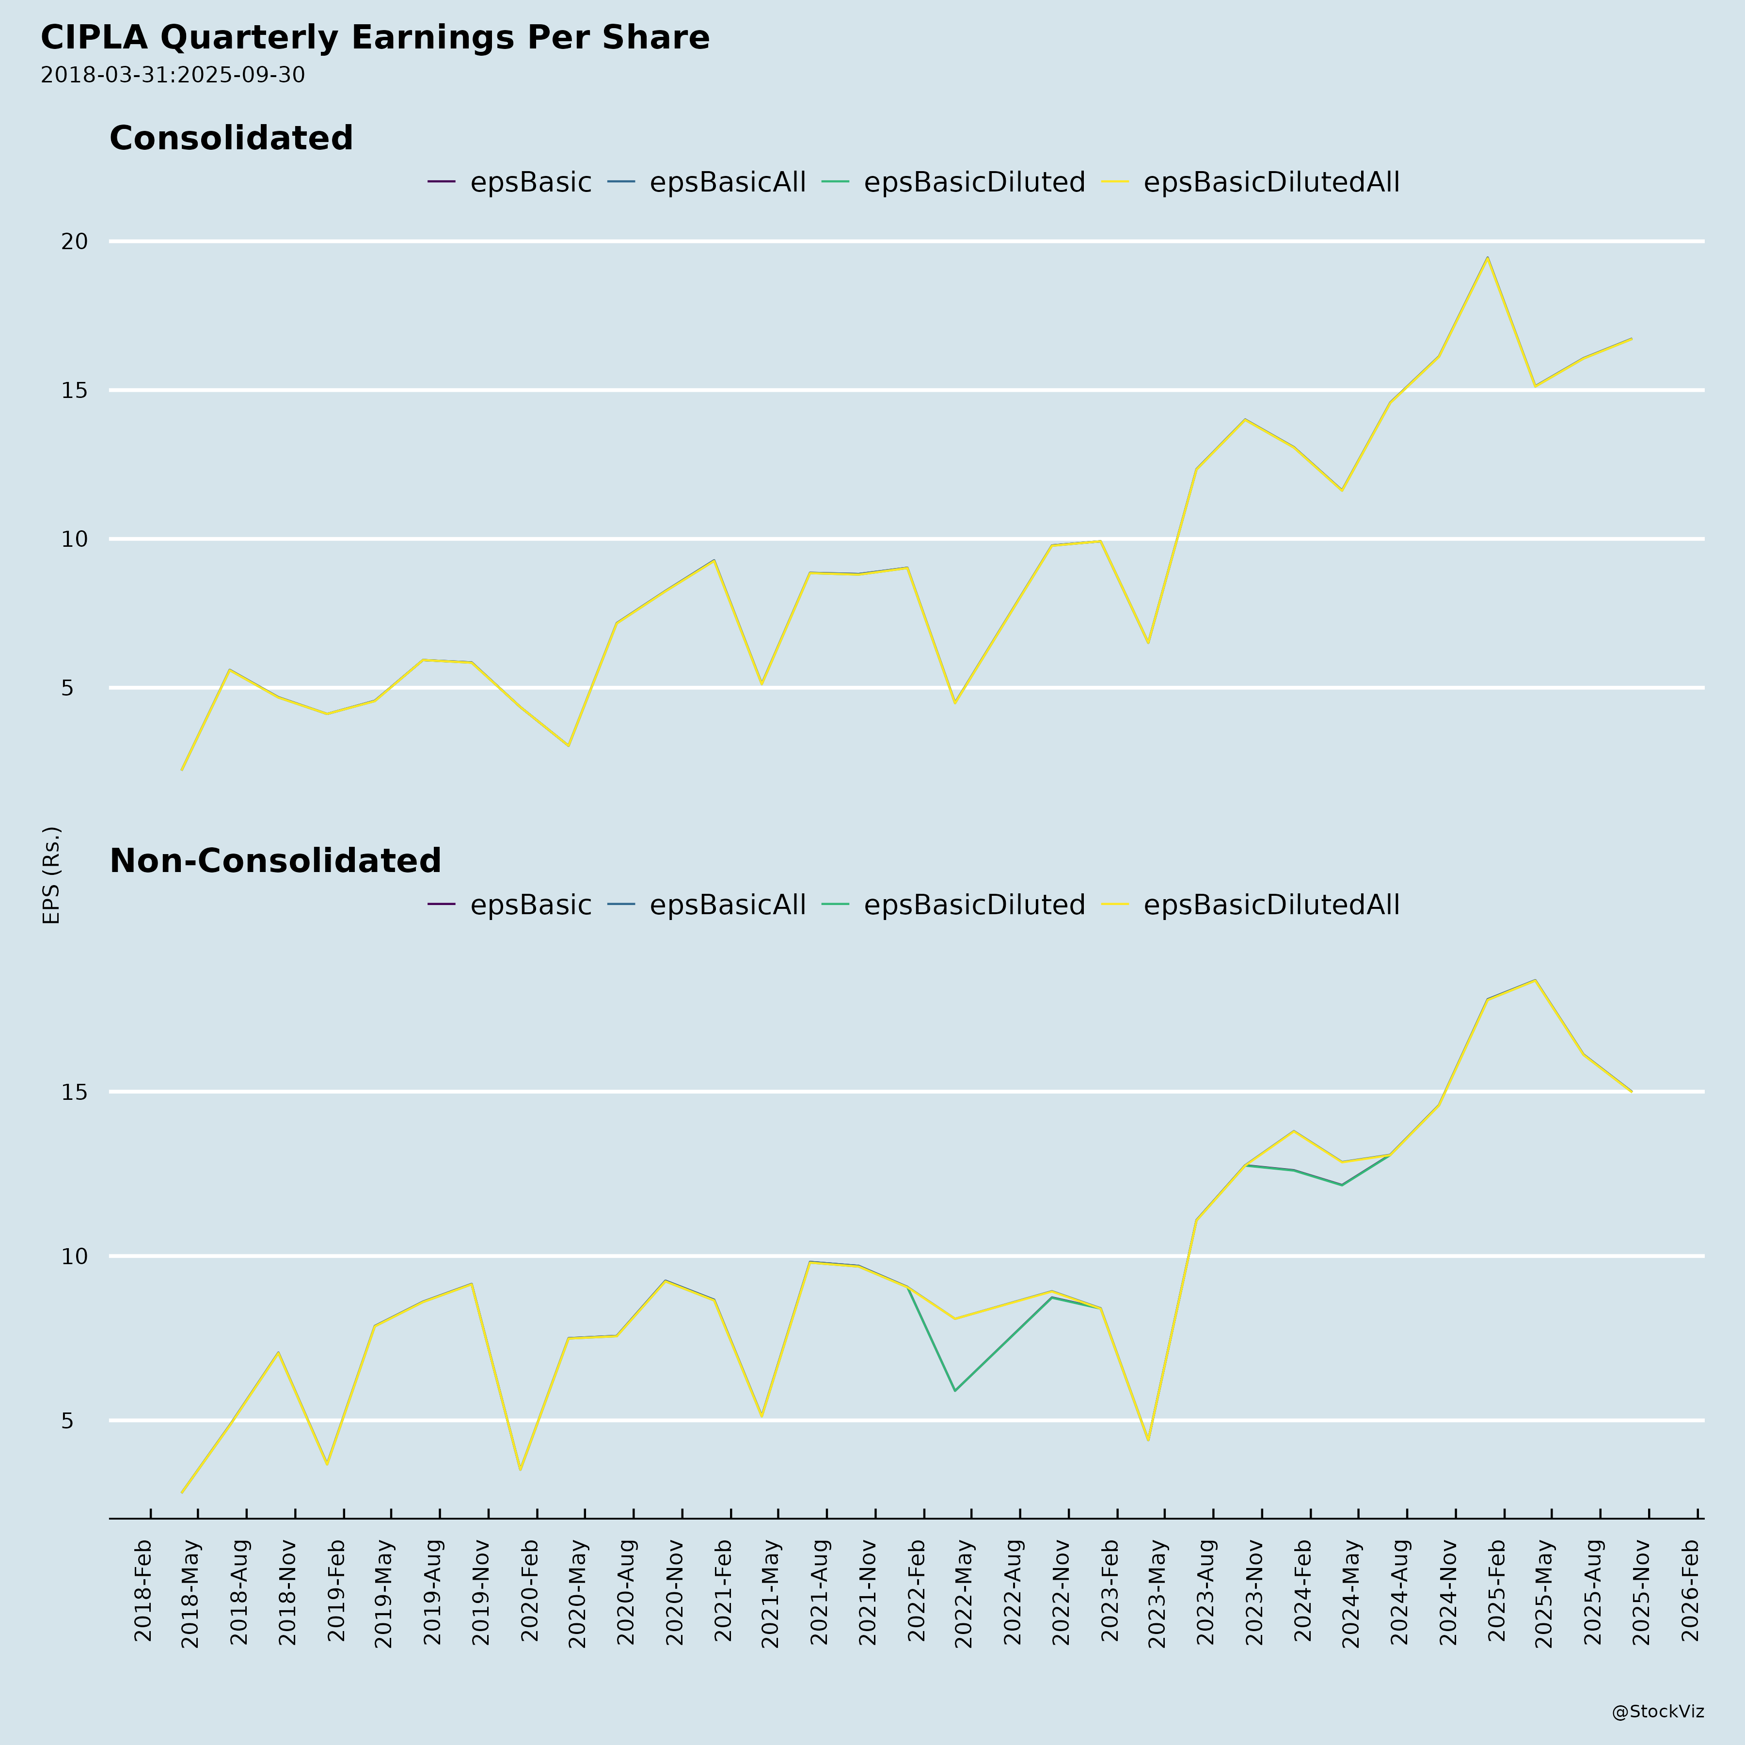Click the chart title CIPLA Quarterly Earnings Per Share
[x=375, y=38]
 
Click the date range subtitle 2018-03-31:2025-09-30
[x=173, y=75]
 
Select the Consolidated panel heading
[x=231, y=138]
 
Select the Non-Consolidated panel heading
[x=275, y=861]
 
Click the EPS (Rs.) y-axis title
[x=51, y=874]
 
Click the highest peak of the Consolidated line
[x=1488, y=257]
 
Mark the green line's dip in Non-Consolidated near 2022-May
[x=955, y=1391]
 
